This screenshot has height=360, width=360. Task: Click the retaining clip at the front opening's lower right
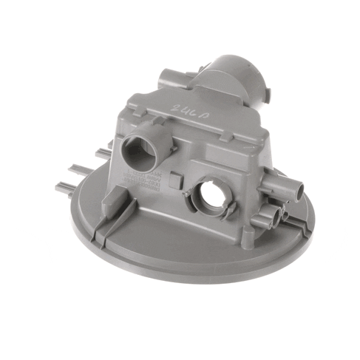click(231, 213)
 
